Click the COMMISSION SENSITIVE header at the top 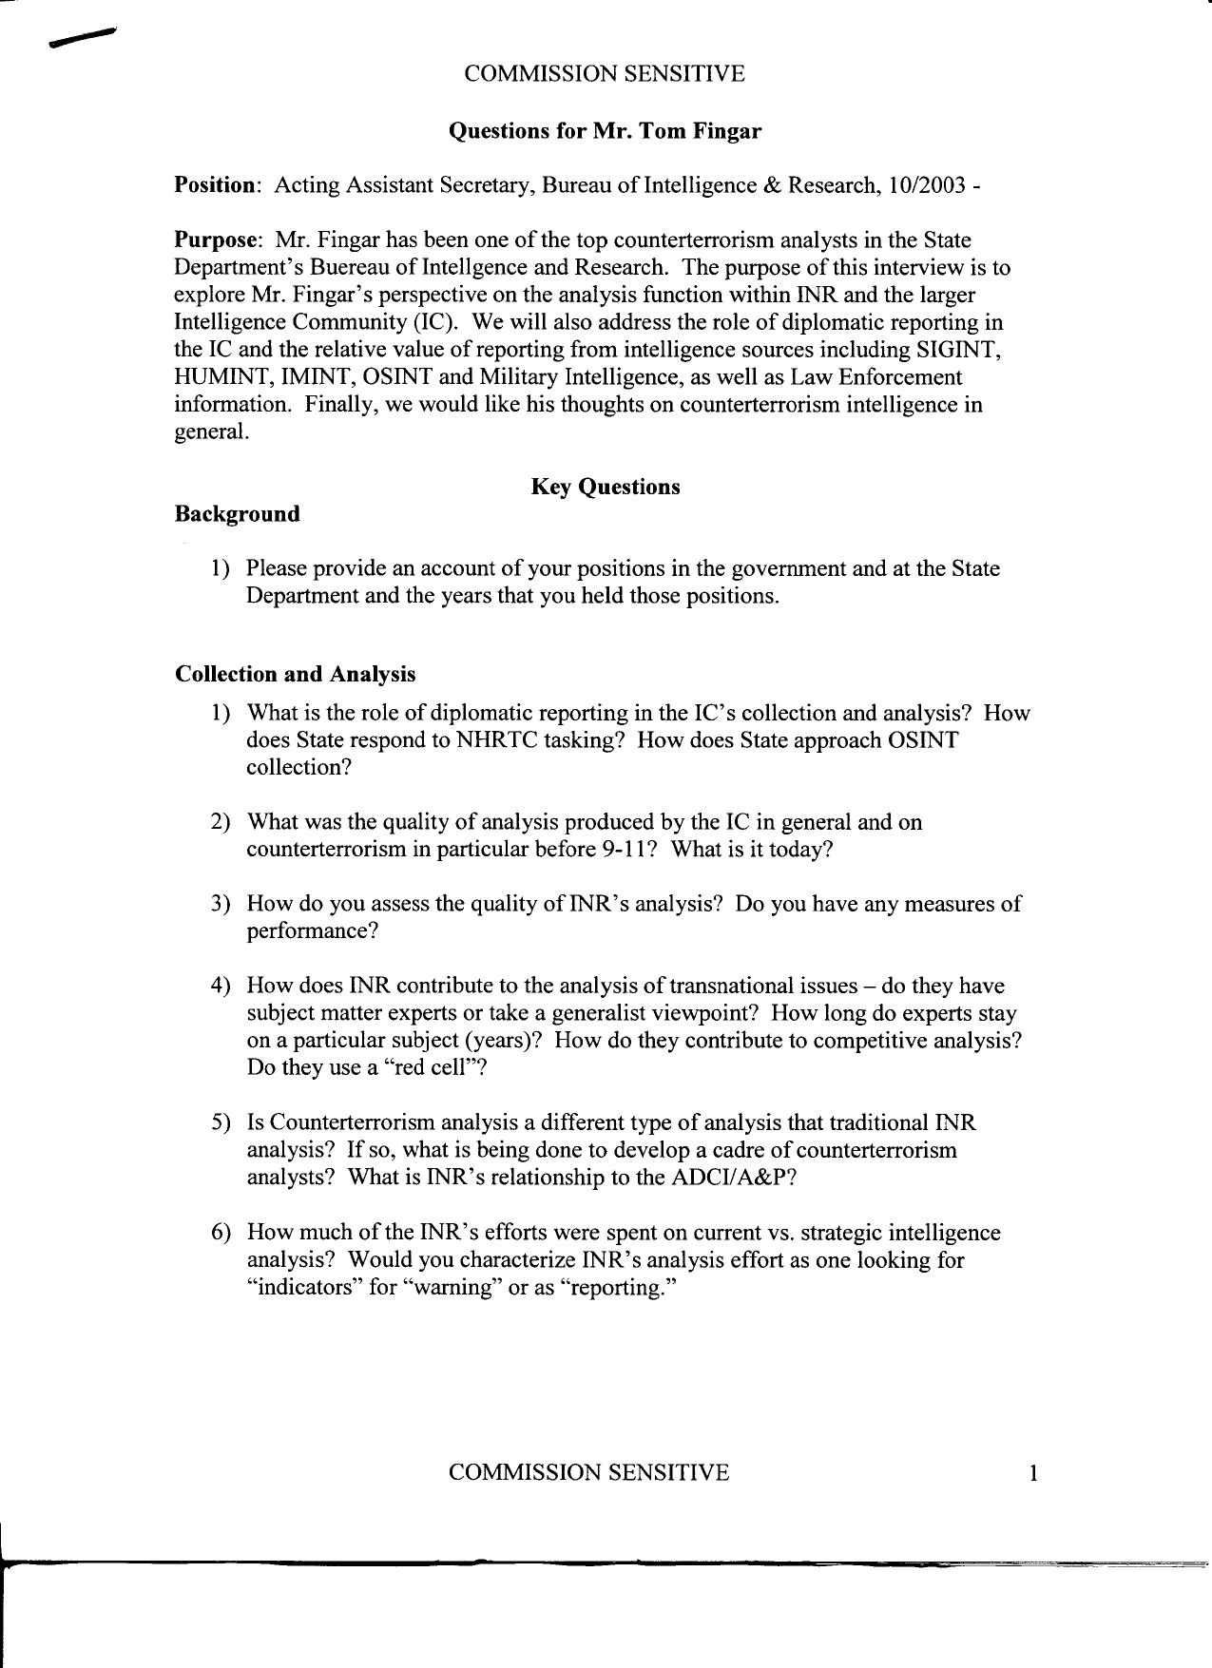click(604, 74)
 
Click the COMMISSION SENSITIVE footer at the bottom click(588, 1473)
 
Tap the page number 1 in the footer click(1033, 1474)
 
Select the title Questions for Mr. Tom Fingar click(605, 131)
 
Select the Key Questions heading click(605, 488)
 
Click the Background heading click(237, 514)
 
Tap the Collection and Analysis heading click(295, 674)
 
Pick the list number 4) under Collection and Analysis click(221, 986)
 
